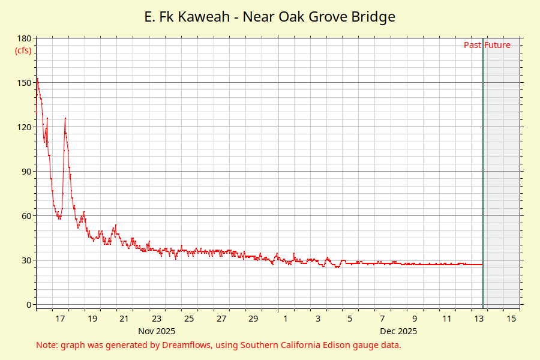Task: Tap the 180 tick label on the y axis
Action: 25,38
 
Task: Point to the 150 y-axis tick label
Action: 25,83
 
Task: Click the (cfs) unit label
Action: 23,50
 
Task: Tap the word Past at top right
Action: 472,45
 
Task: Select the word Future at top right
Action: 497,45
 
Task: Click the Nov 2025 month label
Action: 157,331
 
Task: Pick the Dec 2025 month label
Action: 398,331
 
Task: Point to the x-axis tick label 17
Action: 60,319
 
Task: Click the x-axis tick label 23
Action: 157,319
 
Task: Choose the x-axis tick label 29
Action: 253,319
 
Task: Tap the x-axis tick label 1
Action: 286,319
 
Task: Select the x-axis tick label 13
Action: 479,319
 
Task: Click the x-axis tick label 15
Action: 511,319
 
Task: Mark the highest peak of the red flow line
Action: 37,79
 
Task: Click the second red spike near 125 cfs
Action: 65,118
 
